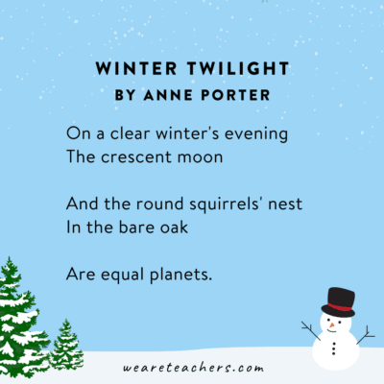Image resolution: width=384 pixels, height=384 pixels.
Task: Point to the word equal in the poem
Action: point(126,275)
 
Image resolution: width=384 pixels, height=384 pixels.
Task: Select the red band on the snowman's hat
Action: point(338,308)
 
